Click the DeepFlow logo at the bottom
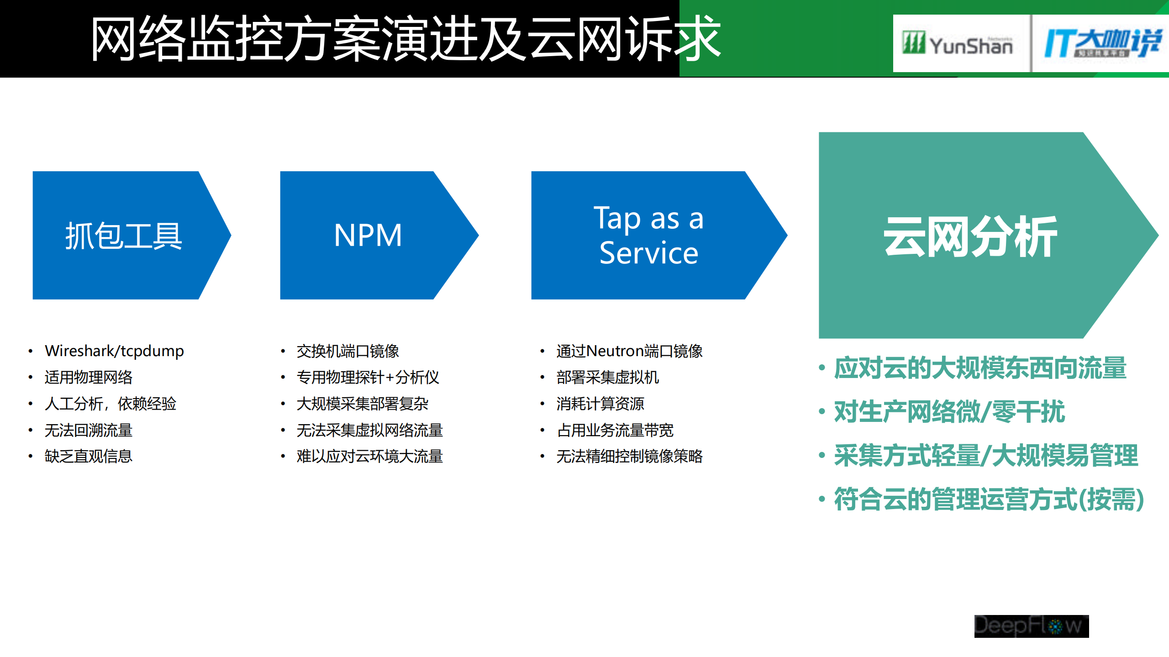click(x=1031, y=626)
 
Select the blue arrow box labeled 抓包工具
click(x=124, y=236)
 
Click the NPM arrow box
click(x=368, y=236)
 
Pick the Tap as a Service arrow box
click(x=648, y=236)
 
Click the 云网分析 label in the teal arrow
click(x=970, y=237)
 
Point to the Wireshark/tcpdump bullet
click(x=114, y=351)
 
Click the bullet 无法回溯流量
click(x=89, y=430)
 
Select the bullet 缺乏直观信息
click(x=89, y=456)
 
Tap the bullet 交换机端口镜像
click(x=348, y=351)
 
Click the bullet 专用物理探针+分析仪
click(x=368, y=378)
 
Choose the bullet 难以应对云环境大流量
click(x=369, y=456)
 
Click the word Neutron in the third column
click(x=622, y=351)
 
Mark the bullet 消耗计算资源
click(x=600, y=404)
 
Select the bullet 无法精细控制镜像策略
click(x=629, y=456)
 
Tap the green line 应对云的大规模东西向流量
click(x=980, y=368)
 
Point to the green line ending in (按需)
click(x=989, y=499)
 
